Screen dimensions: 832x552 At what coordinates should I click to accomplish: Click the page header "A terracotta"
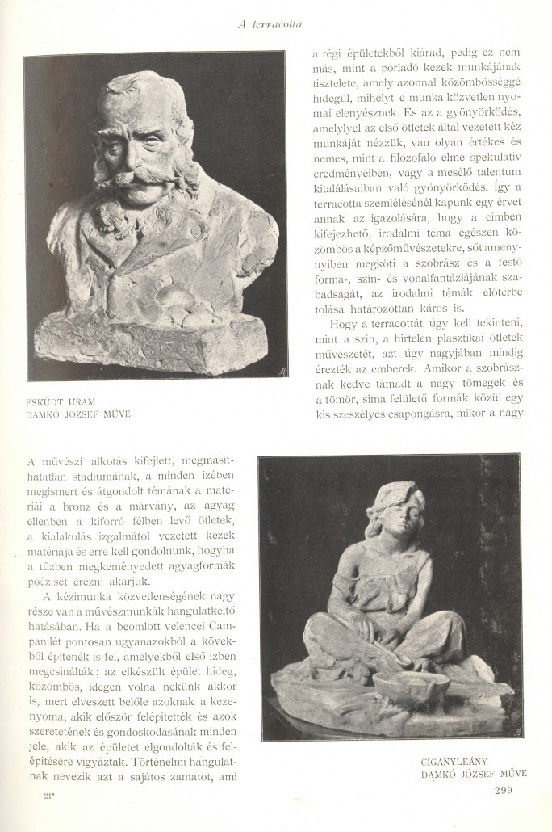[x=270, y=24]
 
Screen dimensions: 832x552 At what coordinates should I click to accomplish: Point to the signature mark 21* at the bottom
[x=51, y=796]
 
